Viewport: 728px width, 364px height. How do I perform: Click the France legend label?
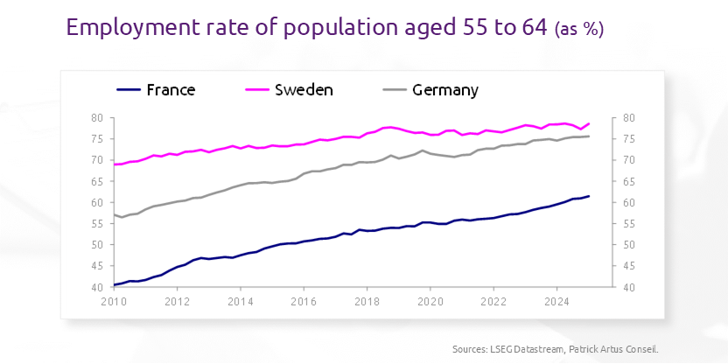coord(171,90)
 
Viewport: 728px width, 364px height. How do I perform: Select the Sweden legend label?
coord(304,90)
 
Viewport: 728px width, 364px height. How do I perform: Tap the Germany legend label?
coord(445,90)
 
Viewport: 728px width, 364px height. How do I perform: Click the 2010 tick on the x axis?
coord(115,302)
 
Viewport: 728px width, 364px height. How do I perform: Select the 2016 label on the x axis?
coord(304,302)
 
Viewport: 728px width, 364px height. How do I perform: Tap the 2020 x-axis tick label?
coord(430,302)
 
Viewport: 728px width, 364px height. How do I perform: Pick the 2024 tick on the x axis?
coord(556,302)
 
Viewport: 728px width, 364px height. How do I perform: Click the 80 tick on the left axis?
coord(97,118)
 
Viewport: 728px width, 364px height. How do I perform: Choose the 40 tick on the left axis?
coord(97,287)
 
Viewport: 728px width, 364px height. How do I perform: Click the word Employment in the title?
coord(128,28)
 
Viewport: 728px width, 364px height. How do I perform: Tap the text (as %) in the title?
coord(579,29)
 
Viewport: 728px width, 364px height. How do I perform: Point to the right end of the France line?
coord(589,196)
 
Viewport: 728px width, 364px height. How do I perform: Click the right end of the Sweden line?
coord(589,123)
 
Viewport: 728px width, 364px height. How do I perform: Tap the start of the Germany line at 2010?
coord(115,214)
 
